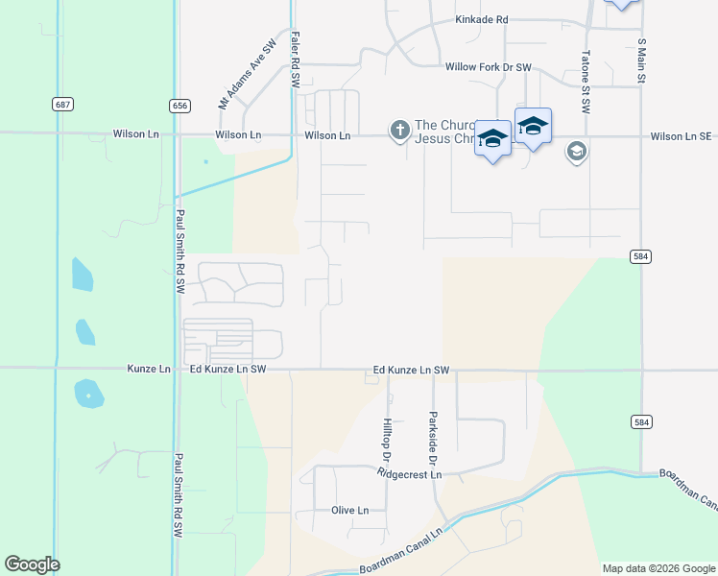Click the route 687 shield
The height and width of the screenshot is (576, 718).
tap(62, 104)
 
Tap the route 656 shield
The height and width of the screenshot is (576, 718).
tap(179, 106)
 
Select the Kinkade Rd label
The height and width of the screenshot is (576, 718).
tap(482, 19)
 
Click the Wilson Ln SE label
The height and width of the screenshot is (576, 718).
tap(680, 136)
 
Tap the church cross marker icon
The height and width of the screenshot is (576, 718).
tap(399, 129)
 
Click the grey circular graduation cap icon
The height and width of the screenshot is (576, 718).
tap(576, 151)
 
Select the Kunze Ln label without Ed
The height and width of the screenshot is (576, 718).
tap(149, 369)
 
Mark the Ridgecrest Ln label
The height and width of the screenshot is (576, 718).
tap(409, 474)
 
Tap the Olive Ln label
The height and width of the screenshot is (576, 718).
tap(349, 511)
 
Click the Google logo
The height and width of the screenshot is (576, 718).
tap(32, 564)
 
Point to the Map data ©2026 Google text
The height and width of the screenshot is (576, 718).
tap(658, 568)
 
